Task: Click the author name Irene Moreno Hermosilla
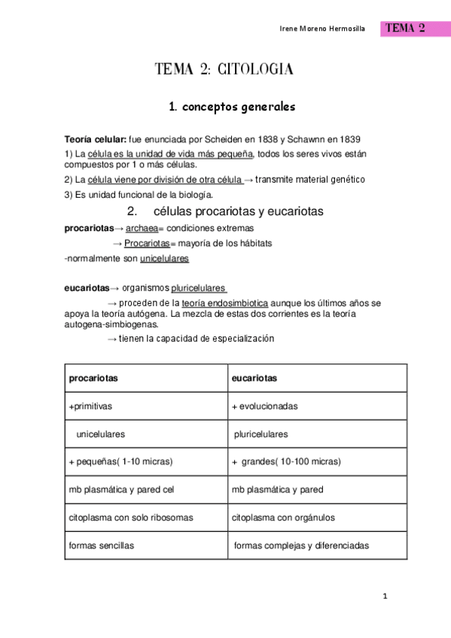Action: [321, 29]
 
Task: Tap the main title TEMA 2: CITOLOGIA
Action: [224, 70]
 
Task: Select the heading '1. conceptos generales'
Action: [232, 107]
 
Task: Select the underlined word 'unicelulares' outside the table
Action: [164, 259]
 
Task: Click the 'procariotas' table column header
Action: [93, 378]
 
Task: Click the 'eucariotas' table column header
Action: [254, 378]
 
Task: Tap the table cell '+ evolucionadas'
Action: [264, 406]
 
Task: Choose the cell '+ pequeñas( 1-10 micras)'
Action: [120, 462]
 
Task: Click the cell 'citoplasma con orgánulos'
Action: [283, 518]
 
